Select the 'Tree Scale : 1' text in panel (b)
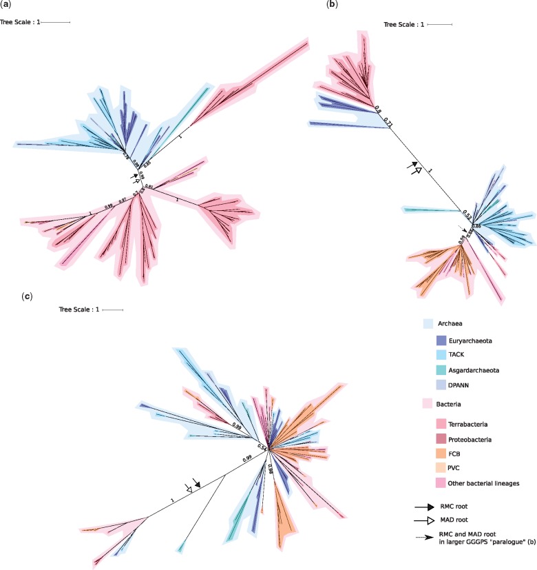coord(404,26)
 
